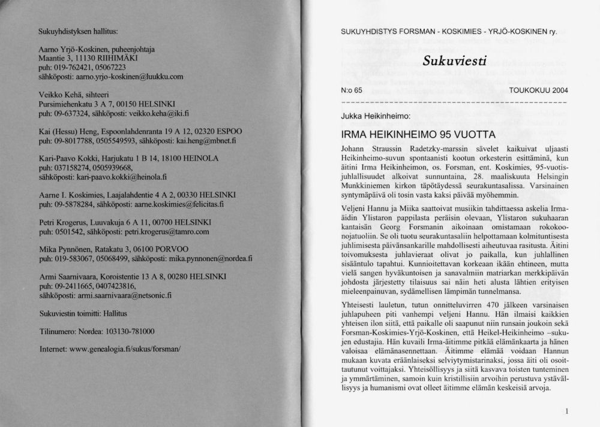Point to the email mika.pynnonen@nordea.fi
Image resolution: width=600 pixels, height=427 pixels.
[193, 259]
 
